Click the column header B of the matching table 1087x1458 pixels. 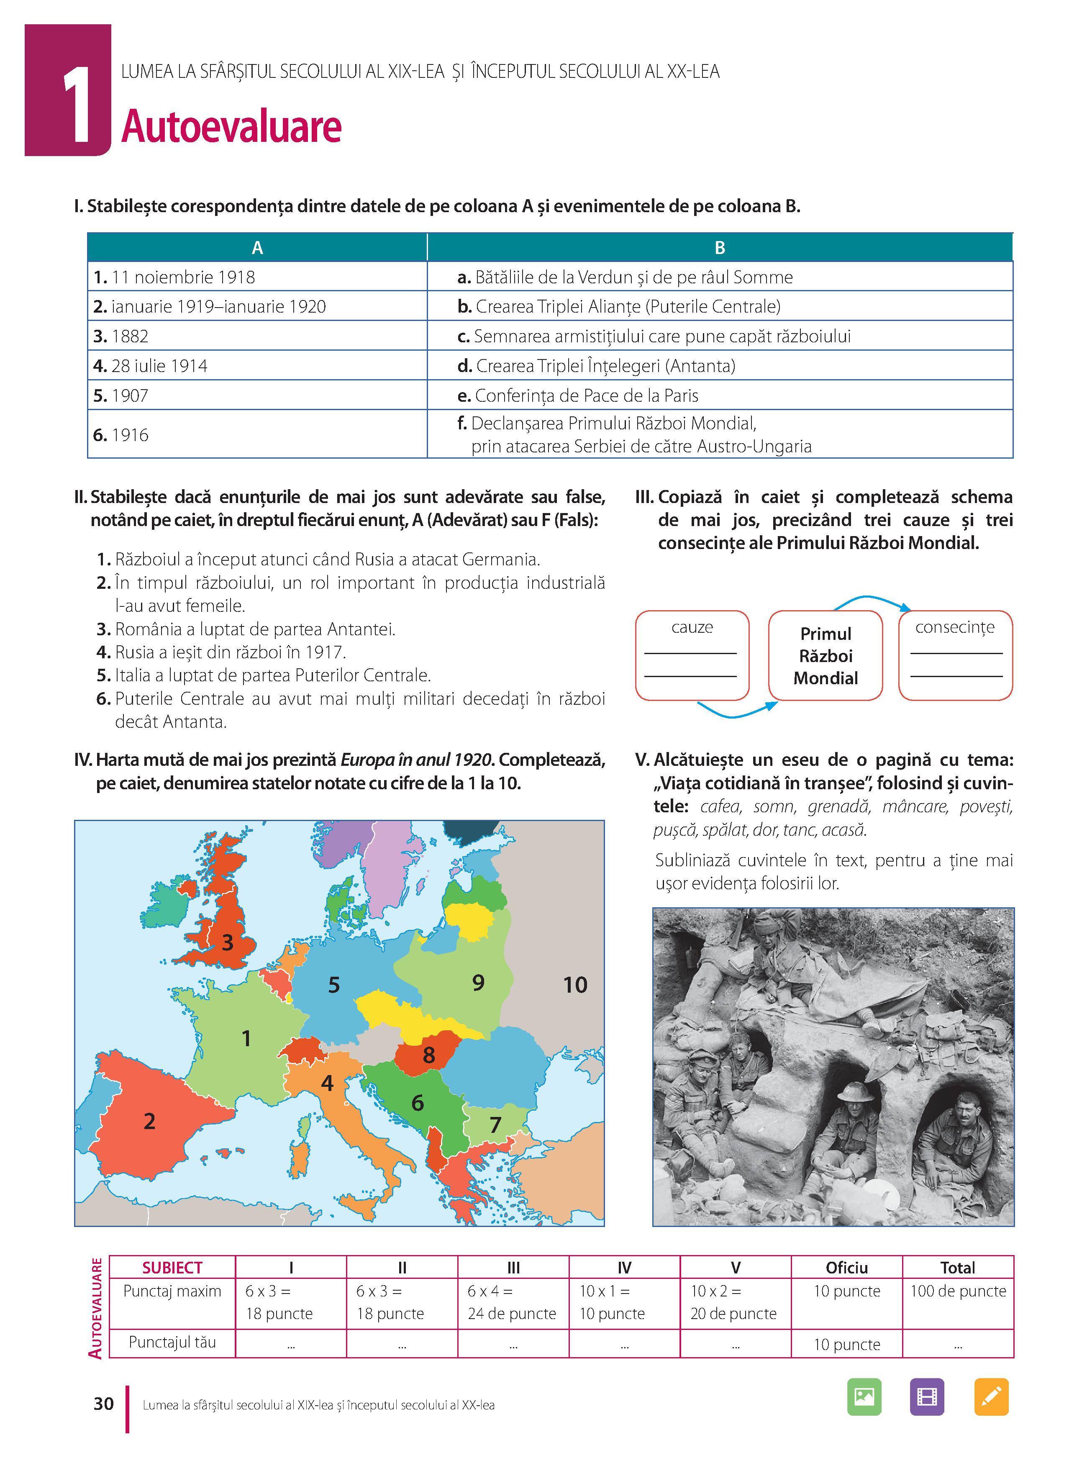719,248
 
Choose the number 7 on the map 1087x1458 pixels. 495,1124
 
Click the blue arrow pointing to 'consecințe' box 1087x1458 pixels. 872,600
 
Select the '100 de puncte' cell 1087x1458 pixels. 958,1291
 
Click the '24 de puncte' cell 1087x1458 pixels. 512,1314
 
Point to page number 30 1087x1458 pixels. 104,1404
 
